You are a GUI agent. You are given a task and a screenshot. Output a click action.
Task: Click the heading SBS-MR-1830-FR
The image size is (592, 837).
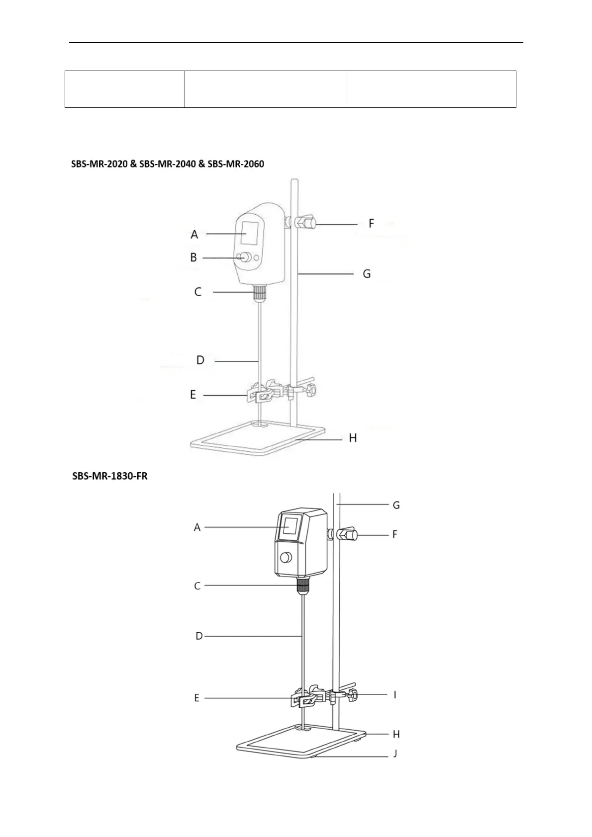(109, 476)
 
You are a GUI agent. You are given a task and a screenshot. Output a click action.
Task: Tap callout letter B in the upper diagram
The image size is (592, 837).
(194, 257)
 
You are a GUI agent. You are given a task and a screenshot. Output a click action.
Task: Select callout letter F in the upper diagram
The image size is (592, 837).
(371, 224)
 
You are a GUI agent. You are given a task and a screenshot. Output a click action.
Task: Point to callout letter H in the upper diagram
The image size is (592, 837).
(353, 438)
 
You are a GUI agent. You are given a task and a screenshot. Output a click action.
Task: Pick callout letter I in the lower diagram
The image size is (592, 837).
(395, 694)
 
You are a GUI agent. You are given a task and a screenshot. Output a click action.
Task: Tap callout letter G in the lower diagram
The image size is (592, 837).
(396, 505)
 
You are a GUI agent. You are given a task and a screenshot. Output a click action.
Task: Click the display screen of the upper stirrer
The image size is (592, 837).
(250, 233)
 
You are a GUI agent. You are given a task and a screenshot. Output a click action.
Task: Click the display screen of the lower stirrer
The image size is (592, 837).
(291, 526)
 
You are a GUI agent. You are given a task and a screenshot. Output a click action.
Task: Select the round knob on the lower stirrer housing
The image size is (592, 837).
(287, 558)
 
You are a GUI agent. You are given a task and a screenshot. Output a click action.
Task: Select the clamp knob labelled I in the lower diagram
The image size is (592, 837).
(353, 694)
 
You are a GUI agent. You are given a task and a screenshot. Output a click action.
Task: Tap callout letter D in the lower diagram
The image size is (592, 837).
(199, 636)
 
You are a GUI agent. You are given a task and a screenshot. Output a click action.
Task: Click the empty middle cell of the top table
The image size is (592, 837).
(265, 89)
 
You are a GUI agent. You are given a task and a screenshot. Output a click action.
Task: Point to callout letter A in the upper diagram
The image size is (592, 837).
(194, 234)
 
